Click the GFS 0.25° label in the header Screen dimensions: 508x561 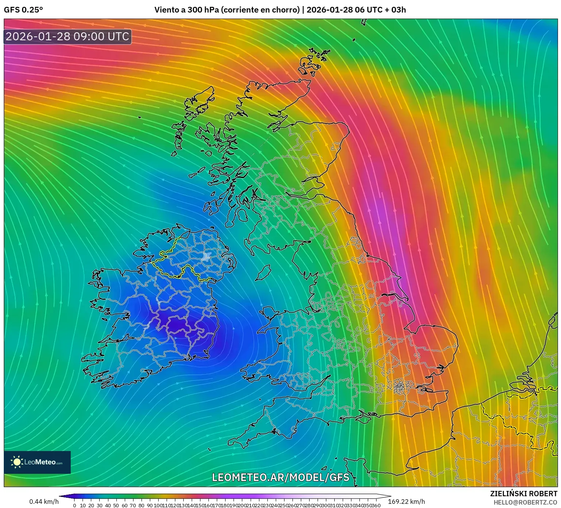pos(23,10)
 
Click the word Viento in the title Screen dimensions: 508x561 pos(166,10)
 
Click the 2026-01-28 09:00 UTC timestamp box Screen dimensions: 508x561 pos(68,36)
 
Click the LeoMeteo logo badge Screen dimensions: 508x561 pos(37,462)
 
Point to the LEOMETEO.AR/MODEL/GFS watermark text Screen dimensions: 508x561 pos(280,477)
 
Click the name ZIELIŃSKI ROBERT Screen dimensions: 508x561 pos(523,494)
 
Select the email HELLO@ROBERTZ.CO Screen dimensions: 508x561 pos(525,502)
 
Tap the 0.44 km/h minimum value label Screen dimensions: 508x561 pos(44,502)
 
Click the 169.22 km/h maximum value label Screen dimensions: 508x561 pos(406,502)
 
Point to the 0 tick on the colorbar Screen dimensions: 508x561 pos(75,505)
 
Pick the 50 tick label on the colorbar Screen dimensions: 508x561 pos(116,505)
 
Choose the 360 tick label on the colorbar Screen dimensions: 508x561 pos(376,505)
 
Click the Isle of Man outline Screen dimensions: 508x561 pos(263,273)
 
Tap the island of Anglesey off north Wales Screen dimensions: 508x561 pos(269,314)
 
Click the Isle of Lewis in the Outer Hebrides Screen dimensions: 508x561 pos(200,100)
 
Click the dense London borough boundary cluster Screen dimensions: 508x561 pos(399,387)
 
